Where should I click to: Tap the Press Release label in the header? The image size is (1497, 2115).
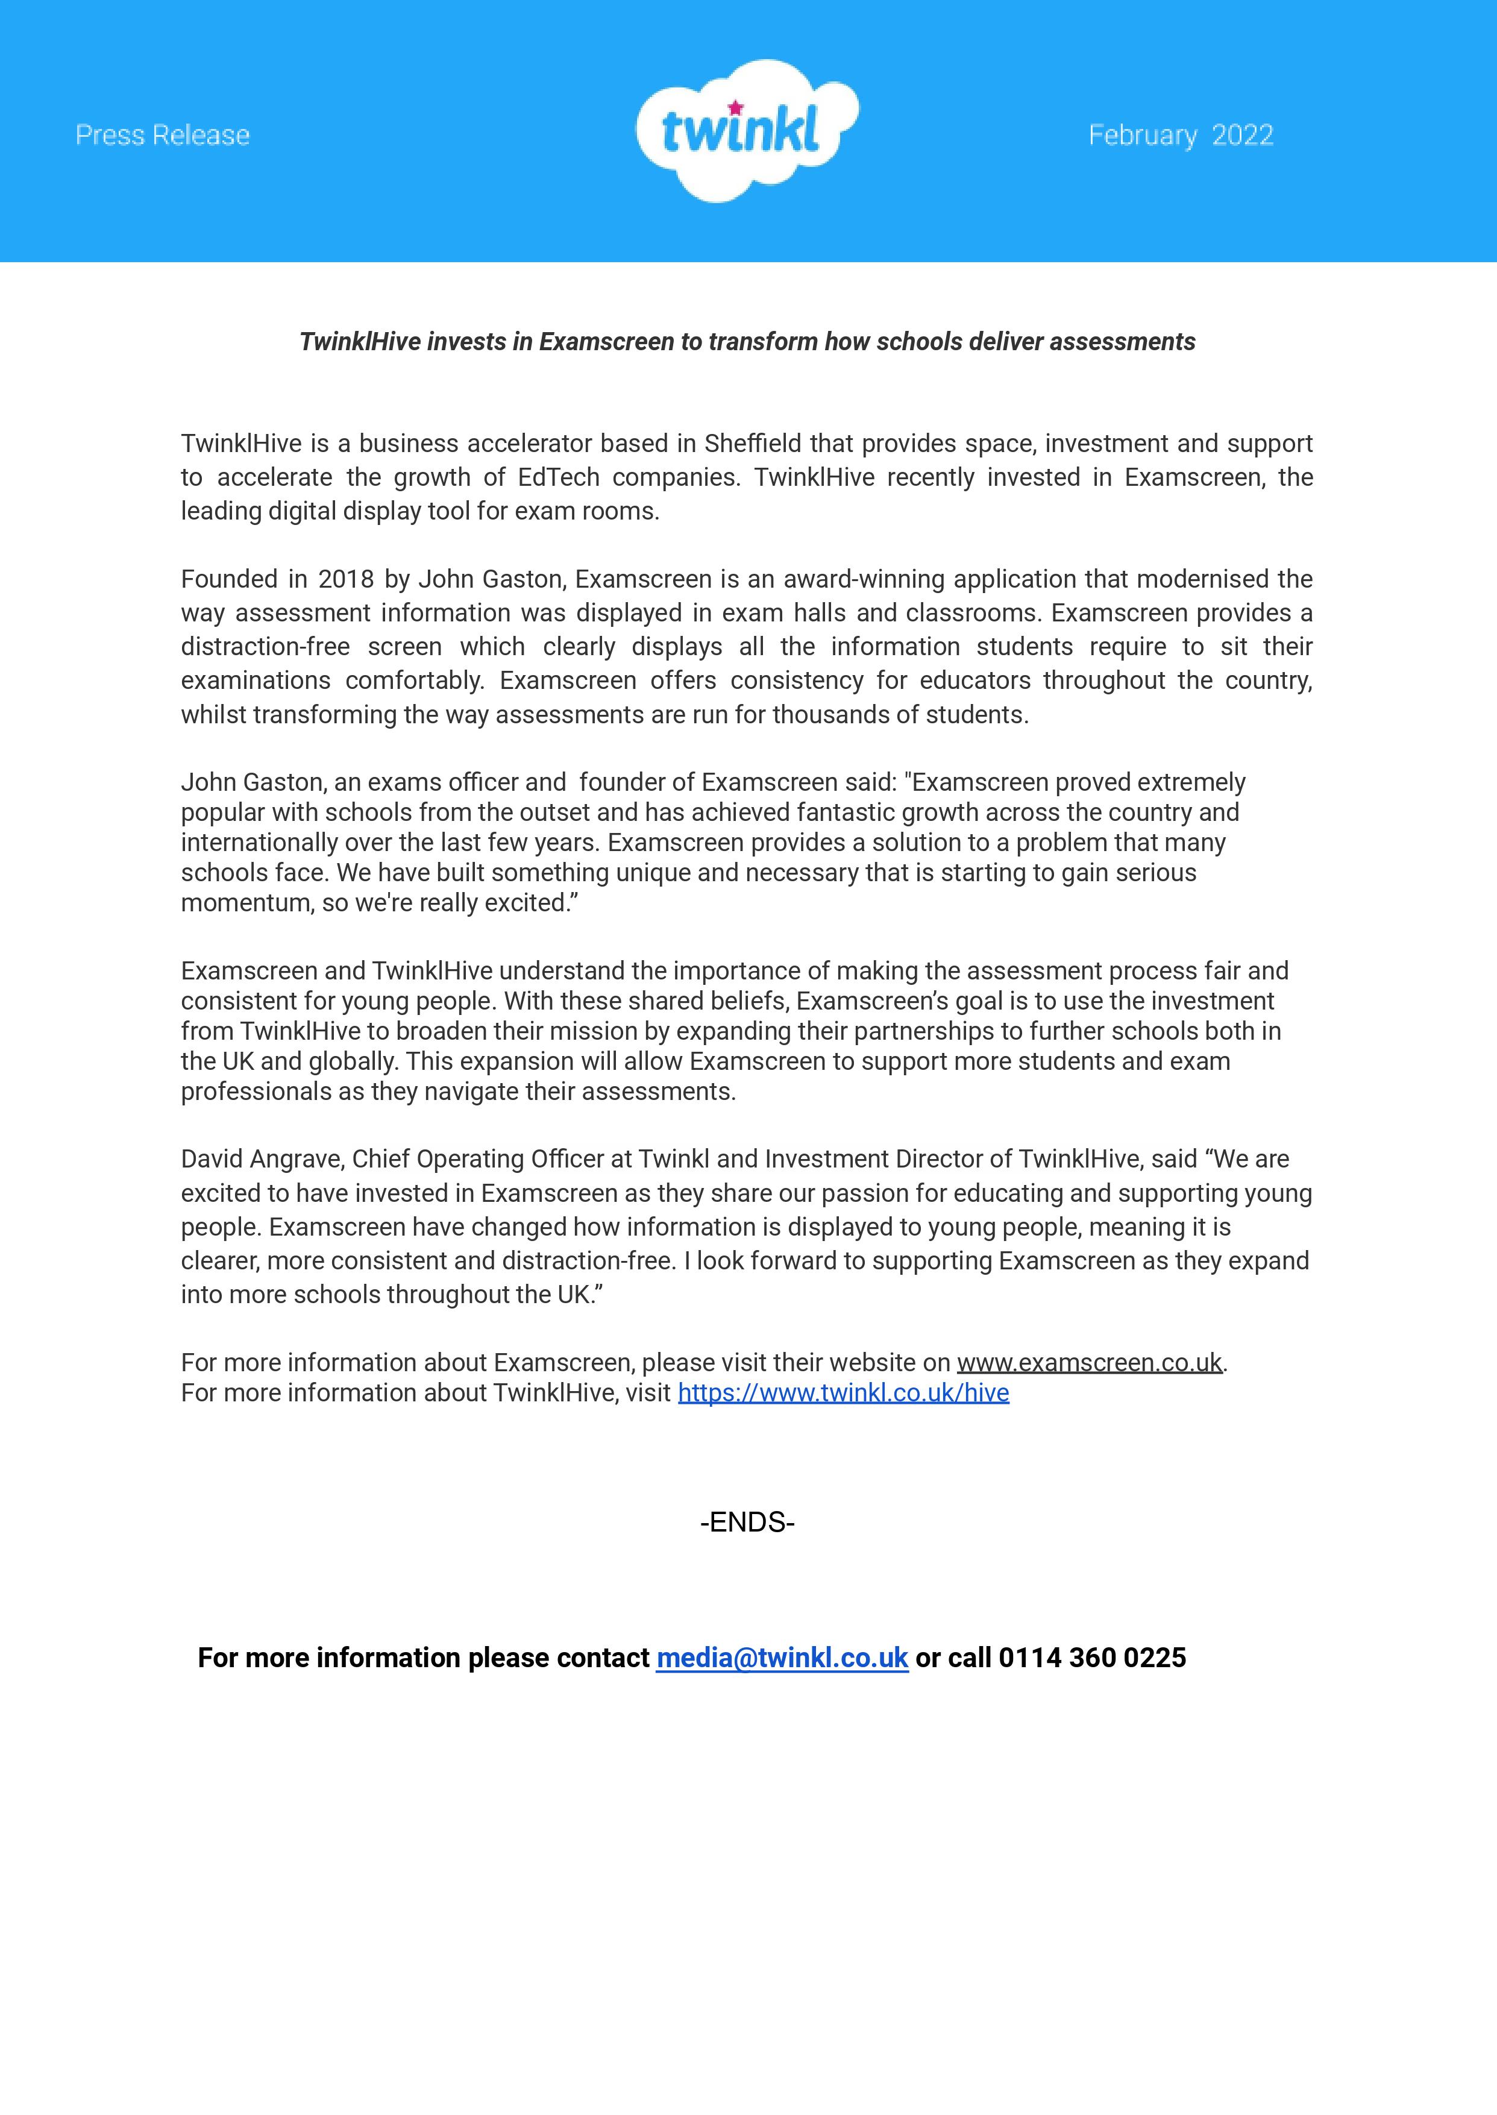162,136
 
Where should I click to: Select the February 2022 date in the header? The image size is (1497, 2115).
1180,136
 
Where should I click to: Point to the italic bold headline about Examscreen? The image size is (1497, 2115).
747,342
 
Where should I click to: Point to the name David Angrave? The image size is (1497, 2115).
262,1159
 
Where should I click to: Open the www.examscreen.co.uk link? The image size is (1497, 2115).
1088,1363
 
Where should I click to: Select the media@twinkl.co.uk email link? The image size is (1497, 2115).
782,1658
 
